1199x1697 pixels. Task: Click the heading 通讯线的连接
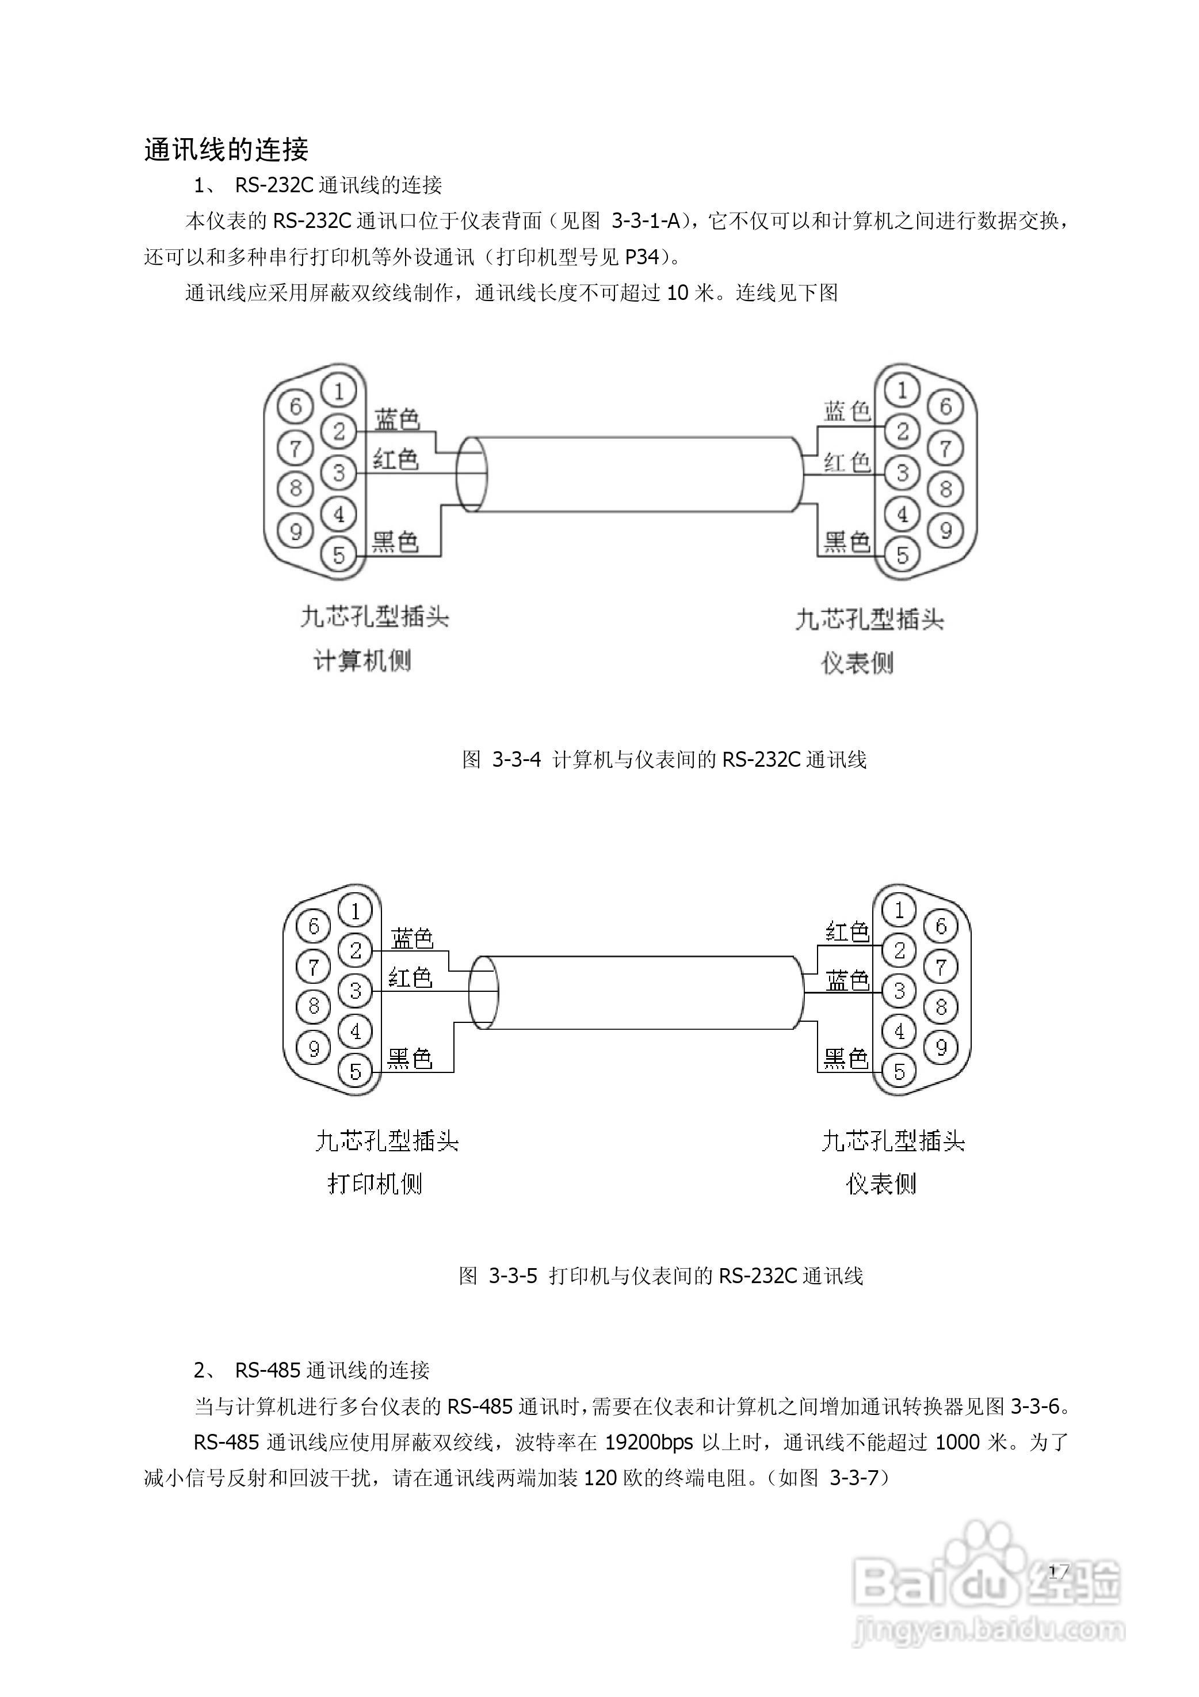tap(226, 150)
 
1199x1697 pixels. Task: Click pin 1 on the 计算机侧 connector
tap(339, 390)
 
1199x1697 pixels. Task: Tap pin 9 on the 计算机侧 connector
tap(296, 531)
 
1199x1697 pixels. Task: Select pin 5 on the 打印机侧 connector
tap(356, 1071)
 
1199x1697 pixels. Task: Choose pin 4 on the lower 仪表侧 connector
tap(899, 1032)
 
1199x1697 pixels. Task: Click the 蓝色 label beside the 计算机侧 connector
tap(398, 419)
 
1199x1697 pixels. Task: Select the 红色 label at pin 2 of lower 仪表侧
tap(847, 932)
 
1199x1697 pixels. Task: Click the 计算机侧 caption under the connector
tap(362, 660)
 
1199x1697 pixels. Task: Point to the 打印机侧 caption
tap(375, 1184)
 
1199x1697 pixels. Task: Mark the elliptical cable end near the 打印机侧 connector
tap(484, 992)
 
